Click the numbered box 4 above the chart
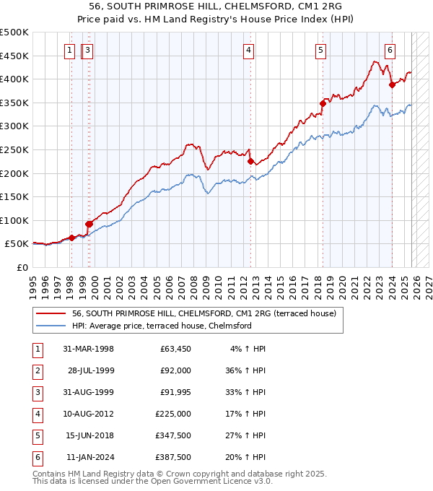coord(248,51)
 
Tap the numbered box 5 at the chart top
coord(320,51)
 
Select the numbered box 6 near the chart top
coord(390,51)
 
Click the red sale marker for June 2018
coord(323,103)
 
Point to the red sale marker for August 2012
coord(250,161)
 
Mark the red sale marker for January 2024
coord(392,84)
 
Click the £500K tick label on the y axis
coord(14,32)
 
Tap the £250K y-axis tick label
coord(14,149)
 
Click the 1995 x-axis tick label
coord(33,282)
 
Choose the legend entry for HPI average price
coord(161,326)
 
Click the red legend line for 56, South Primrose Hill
coord(51,313)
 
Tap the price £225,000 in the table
coord(173,414)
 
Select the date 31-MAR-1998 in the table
coord(88,349)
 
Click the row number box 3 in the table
coord(37,392)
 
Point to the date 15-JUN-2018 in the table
coord(89,435)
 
